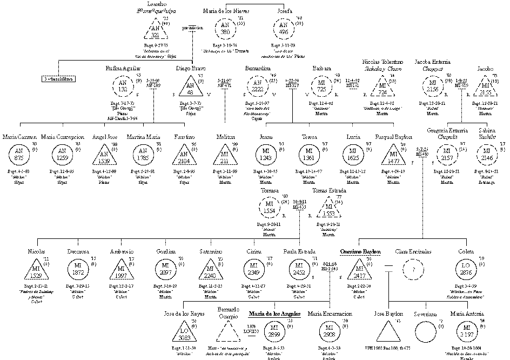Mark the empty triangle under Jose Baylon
tap(388, 331)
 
